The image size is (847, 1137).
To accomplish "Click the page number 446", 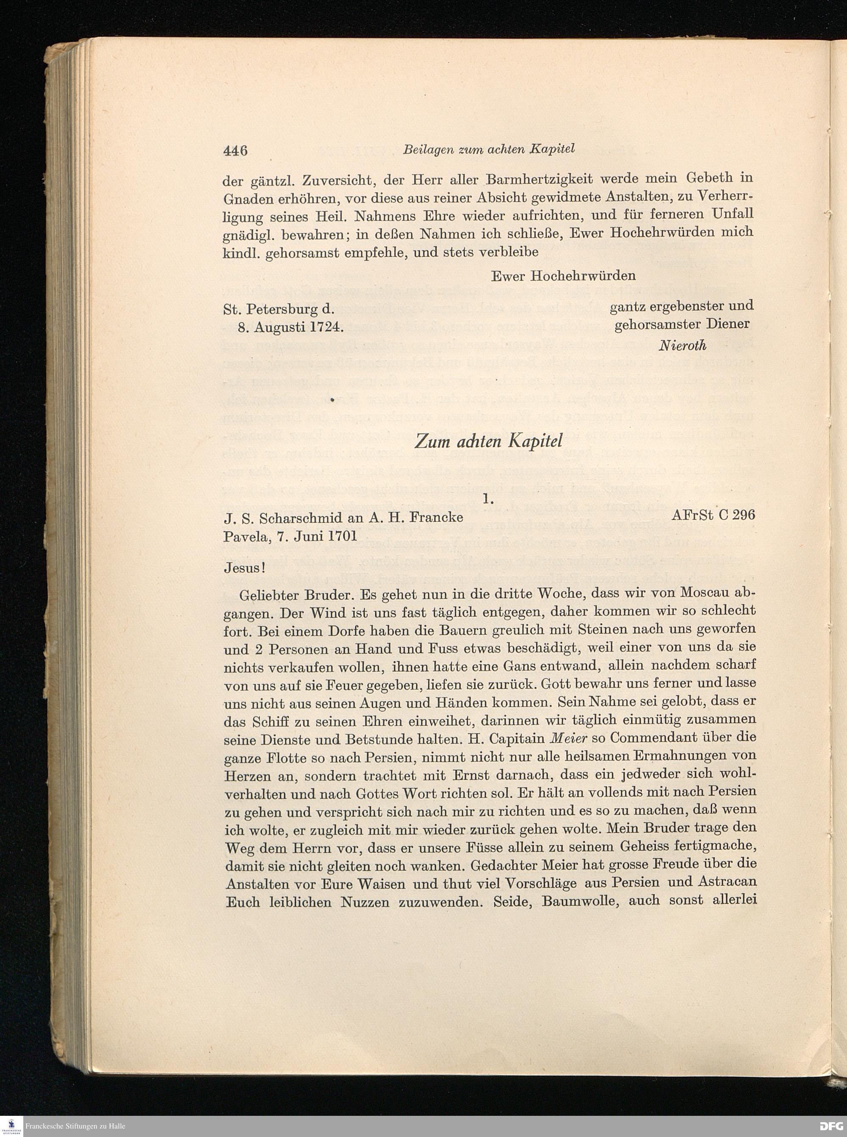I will pos(235,150).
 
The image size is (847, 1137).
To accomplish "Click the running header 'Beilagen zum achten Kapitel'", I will pos(489,149).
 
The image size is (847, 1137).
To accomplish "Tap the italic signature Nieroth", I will pos(682,345).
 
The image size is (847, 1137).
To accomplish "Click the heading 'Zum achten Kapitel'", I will pos(488,441).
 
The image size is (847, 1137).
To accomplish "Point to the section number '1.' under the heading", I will pos(488,498).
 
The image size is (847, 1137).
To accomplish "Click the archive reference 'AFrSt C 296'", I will pos(713,515).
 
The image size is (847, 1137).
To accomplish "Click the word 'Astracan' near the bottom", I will pos(728,883).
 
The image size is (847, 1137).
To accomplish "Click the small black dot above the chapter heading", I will pos(332,399).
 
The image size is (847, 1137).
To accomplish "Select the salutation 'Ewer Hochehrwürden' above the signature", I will pos(563,276).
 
